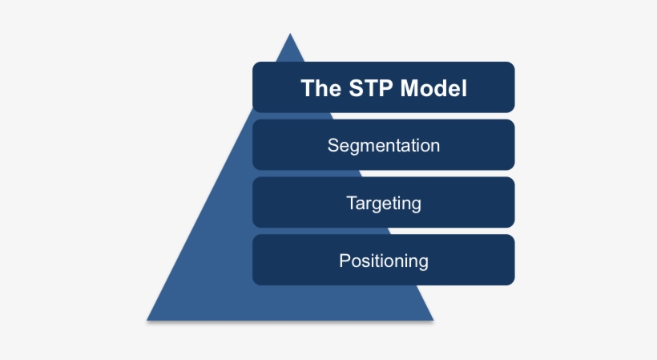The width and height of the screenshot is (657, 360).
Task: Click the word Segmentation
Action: click(x=383, y=146)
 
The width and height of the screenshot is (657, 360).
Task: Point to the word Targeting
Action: click(x=383, y=204)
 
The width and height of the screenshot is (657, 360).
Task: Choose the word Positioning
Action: click(x=383, y=261)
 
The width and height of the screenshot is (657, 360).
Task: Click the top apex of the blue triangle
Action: click(x=289, y=34)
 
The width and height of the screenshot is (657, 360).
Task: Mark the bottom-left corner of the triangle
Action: click(x=147, y=321)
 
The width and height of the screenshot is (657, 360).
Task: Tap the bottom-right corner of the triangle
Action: click(x=433, y=321)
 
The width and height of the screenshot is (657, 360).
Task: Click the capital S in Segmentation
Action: click(x=333, y=146)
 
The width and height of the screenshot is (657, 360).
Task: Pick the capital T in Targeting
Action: click(x=351, y=203)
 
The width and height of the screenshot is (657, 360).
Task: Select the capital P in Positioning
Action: click(x=345, y=261)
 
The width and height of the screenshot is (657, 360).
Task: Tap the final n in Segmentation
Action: click(x=434, y=147)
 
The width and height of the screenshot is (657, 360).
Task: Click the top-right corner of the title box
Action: click(x=513, y=63)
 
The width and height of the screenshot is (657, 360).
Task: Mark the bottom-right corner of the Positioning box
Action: click(x=513, y=283)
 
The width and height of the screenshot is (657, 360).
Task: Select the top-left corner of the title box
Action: click(x=254, y=63)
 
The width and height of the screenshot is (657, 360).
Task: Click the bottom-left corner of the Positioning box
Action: click(x=254, y=283)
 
